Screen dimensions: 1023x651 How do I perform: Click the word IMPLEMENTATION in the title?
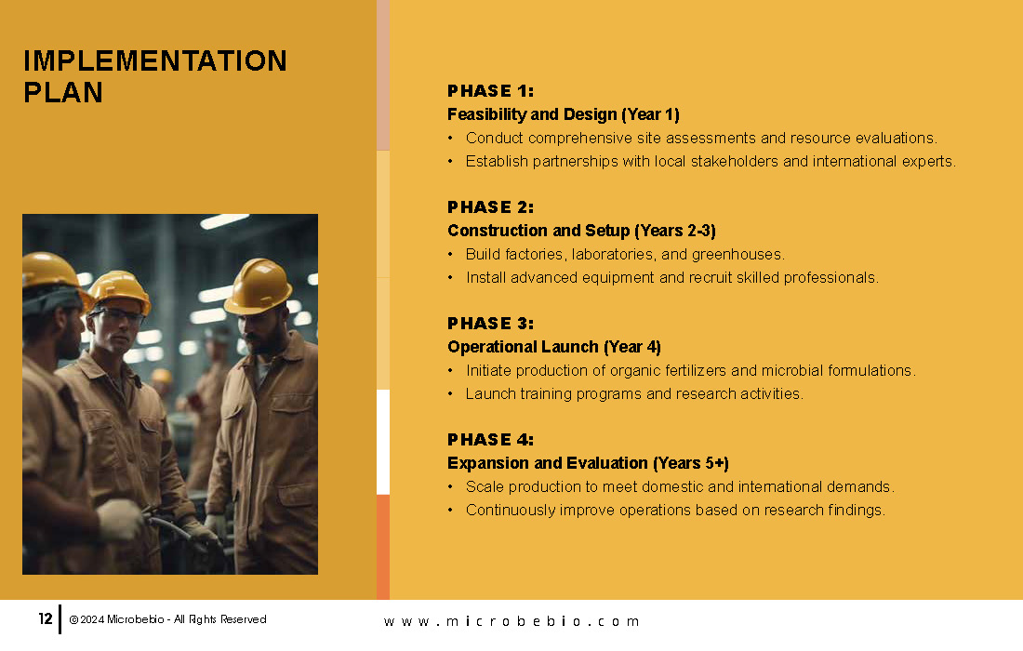[155, 60]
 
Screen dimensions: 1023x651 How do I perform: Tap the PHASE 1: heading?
[490, 90]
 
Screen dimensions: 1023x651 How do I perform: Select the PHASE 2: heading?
[490, 206]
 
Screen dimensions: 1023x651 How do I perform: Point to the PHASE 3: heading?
[490, 323]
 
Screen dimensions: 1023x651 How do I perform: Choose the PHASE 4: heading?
[490, 439]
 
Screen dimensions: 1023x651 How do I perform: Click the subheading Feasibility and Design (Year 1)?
[563, 114]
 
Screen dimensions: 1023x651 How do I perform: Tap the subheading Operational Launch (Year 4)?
[554, 347]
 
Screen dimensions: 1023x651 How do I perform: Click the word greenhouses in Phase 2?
[737, 255]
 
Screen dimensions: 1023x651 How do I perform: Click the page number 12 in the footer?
[45, 618]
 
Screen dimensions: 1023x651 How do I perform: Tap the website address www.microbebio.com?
[511, 621]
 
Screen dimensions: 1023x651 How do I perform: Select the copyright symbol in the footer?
[73, 619]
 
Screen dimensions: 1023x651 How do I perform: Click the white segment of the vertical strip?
[383, 442]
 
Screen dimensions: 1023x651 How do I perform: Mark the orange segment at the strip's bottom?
[383, 547]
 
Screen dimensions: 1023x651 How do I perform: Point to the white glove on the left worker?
[120, 519]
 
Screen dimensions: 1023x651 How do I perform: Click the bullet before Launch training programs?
[450, 394]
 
